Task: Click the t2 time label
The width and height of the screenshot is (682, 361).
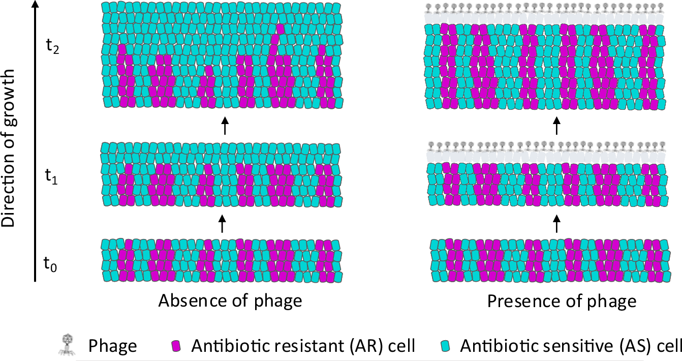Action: [x=53, y=47]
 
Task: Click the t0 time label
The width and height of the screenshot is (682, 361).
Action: [x=53, y=264]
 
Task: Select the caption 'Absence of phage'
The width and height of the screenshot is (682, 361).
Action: [x=230, y=301]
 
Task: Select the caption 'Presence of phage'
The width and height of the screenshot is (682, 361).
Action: [x=562, y=301]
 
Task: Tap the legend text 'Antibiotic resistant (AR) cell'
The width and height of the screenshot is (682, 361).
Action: [x=303, y=346]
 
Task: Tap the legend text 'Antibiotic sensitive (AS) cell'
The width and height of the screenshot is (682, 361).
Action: [x=570, y=346]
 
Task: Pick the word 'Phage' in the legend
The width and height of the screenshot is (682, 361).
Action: [x=113, y=346]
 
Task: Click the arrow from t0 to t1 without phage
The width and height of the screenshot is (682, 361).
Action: [x=222, y=224]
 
